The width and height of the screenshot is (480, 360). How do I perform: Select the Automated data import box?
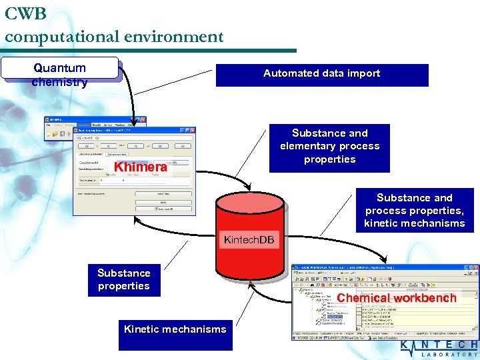[x=321, y=75]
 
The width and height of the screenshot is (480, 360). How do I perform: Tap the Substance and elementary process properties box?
[x=329, y=147]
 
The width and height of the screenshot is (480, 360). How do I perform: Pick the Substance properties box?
[x=123, y=280]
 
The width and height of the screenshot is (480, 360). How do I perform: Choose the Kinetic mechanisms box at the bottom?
[x=175, y=333]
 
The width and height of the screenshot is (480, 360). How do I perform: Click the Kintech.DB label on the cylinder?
[x=249, y=239]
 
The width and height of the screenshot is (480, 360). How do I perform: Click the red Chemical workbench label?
[x=397, y=298]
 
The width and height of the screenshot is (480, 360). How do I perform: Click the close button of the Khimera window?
[x=192, y=131]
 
